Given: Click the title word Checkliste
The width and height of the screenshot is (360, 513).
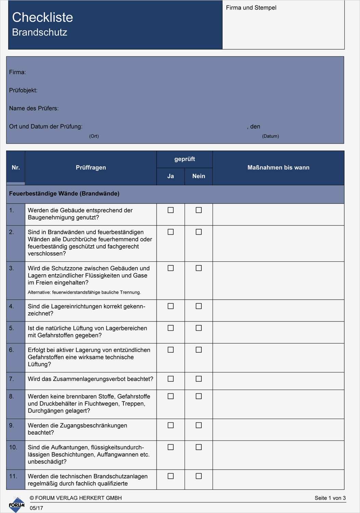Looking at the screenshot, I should point(42,17).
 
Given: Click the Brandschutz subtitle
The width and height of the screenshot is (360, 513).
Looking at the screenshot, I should point(40,32).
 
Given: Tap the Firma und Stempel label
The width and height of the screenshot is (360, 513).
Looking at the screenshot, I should point(251,8).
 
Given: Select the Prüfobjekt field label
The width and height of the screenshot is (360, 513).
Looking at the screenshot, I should point(23,90).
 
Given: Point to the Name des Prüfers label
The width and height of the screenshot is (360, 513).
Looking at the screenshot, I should point(34,108).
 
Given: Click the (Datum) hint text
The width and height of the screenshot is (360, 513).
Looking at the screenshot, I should point(270,136).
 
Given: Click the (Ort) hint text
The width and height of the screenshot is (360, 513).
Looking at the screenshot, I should point(94,136).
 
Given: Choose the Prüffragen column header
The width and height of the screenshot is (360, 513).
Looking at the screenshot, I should point(91,168).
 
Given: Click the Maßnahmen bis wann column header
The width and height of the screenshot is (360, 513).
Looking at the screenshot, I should point(278,168).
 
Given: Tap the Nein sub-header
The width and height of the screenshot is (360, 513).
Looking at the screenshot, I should point(199,176).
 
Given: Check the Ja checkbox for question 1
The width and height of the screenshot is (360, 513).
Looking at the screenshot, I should point(171,210).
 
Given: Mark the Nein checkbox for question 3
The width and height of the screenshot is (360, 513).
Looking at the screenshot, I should point(199,268).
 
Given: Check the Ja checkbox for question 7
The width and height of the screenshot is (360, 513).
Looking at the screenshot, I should point(171,379).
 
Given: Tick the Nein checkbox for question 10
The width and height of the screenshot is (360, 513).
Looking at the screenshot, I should point(199,447).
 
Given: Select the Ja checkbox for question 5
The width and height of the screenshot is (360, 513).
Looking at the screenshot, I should point(171,328).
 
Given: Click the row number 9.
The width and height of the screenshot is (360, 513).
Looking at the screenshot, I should point(12,425).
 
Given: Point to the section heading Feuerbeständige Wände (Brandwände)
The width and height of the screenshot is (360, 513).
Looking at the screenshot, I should point(64,194).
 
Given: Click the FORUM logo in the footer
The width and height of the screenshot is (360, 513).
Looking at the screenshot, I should point(16,505).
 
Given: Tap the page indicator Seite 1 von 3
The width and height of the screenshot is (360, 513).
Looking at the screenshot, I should point(330,498).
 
